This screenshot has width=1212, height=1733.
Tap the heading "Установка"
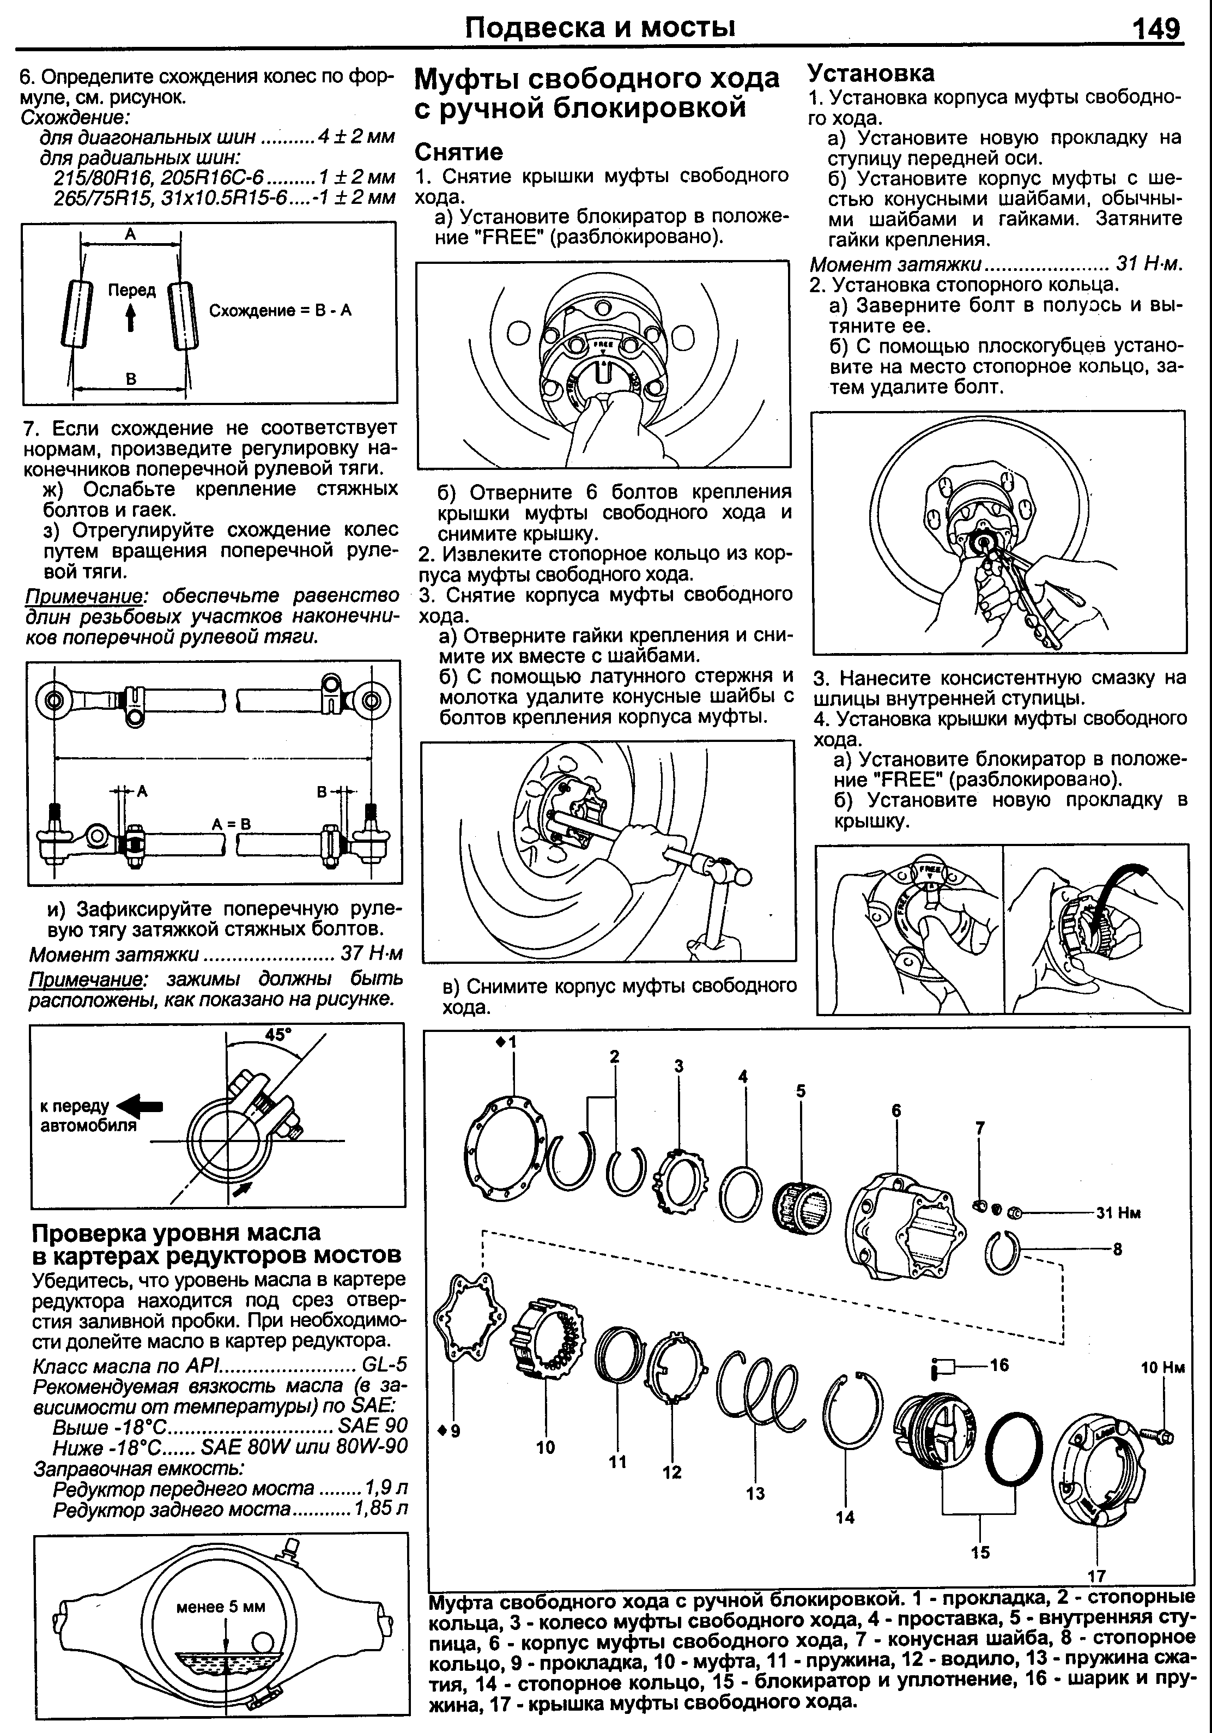[870, 73]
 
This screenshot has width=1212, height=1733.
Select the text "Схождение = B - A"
[280, 311]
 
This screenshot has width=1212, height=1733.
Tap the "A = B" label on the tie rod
[231, 824]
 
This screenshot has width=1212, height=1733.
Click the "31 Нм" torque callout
[1118, 1213]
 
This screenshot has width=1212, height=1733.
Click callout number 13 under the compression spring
[755, 1493]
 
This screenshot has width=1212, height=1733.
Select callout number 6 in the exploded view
[896, 1110]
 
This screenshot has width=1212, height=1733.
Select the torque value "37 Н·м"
[371, 953]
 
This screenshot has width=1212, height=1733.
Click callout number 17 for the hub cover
[1096, 1575]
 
